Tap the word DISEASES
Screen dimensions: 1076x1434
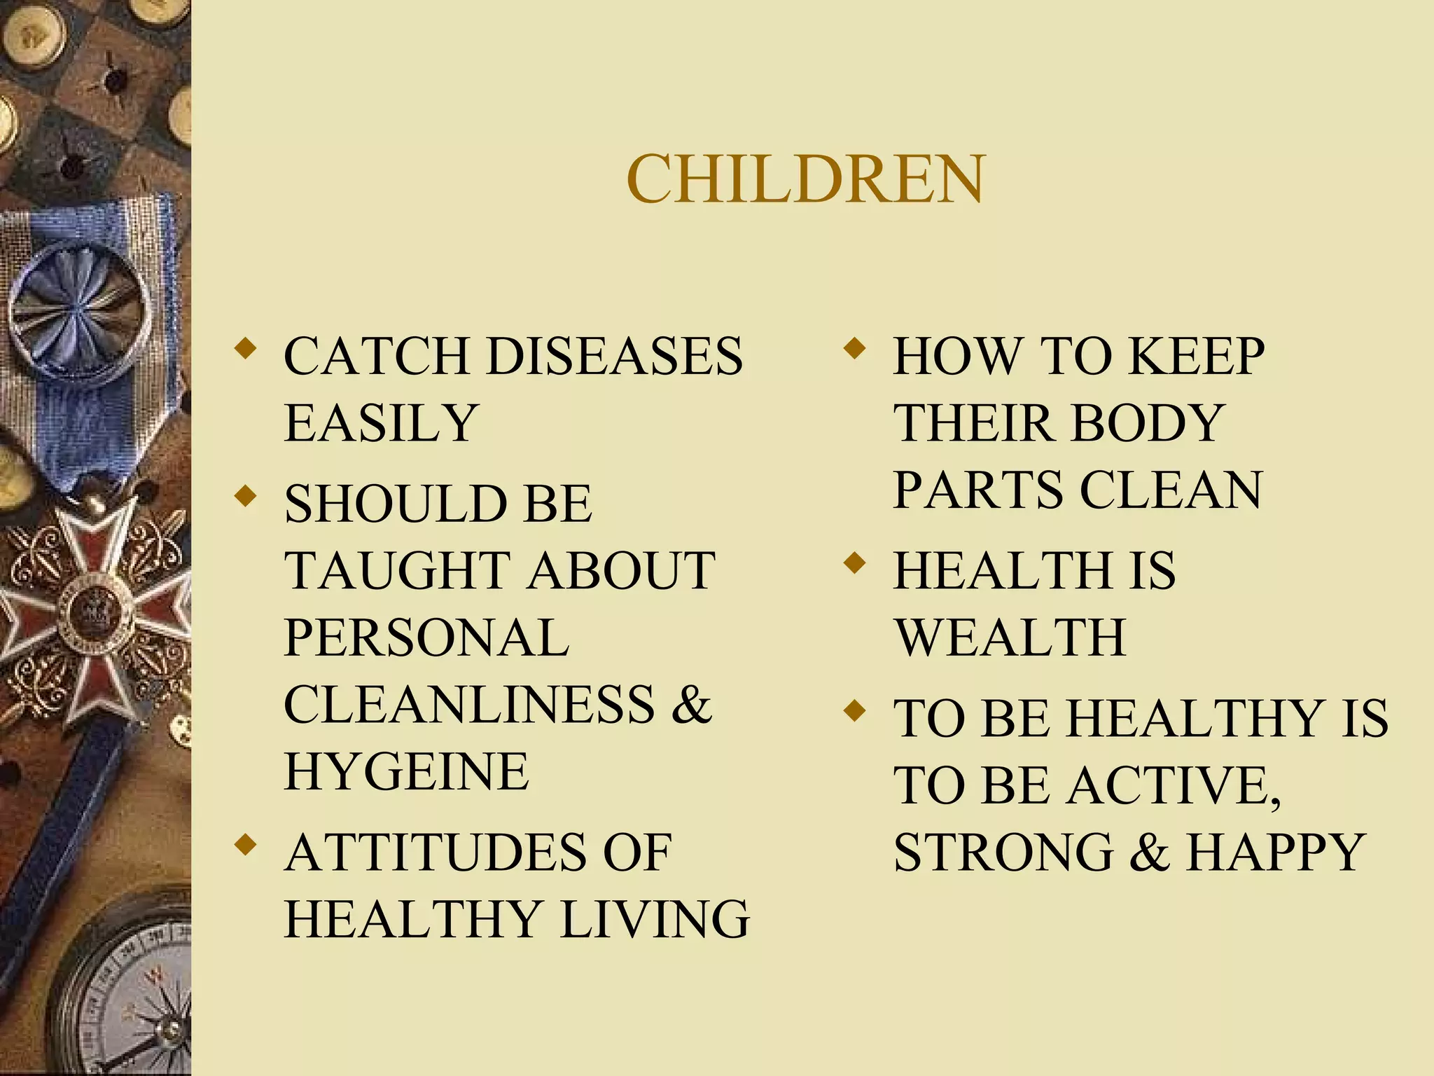click(614, 356)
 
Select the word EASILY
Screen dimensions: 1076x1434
click(381, 423)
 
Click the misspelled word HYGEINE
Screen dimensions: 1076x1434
click(406, 771)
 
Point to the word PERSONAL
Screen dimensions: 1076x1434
click(426, 637)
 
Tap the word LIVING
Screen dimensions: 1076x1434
click(655, 919)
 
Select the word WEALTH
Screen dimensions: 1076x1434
click(1010, 637)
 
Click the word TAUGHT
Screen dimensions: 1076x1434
click(396, 570)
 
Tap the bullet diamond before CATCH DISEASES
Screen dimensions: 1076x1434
click(244, 348)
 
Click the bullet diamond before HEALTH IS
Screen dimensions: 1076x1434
click(854, 563)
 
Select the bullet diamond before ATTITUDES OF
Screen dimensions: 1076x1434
click(244, 844)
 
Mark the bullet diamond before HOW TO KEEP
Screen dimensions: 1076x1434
click(854, 348)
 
